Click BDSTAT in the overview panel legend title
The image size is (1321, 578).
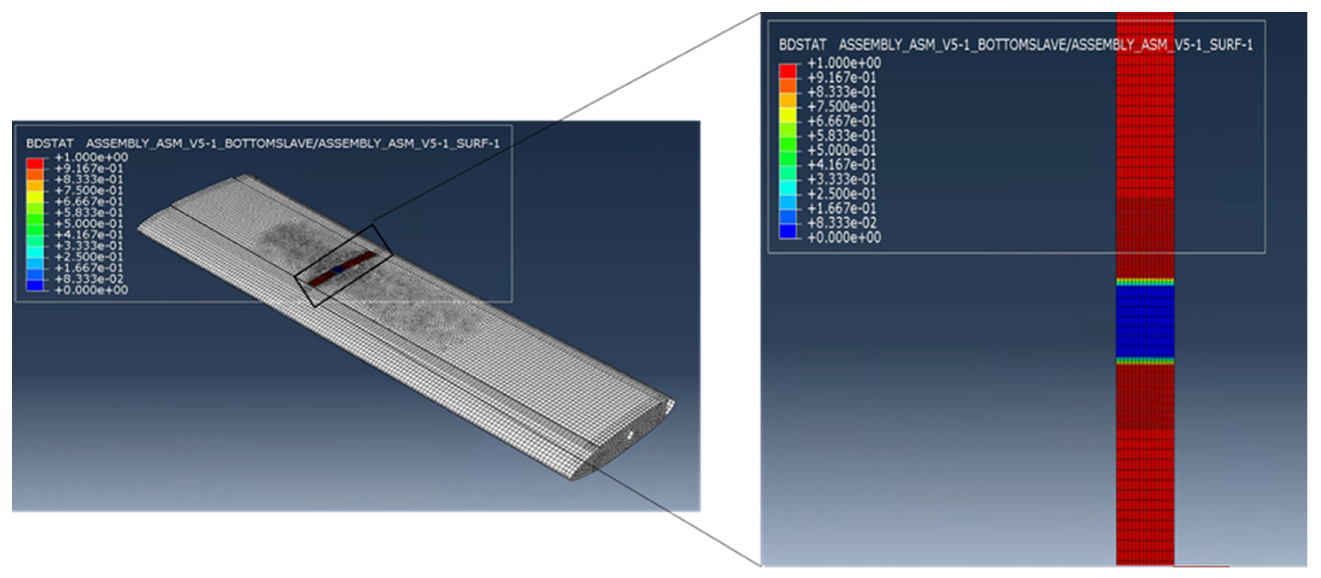(50, 143)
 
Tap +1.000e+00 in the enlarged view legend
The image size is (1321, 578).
(844, 63)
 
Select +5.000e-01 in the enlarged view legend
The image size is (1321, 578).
(842, 150)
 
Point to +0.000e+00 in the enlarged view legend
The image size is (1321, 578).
(844, 237)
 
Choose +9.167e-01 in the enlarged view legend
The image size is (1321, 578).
(842, 77)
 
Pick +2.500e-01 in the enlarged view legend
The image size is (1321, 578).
(842, 194)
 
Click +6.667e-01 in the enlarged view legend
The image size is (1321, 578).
(842, 121)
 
